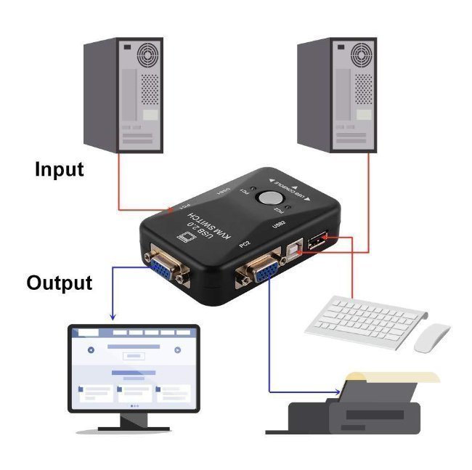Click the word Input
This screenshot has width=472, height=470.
click(60, 170)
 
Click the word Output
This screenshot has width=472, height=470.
click(60, 282)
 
